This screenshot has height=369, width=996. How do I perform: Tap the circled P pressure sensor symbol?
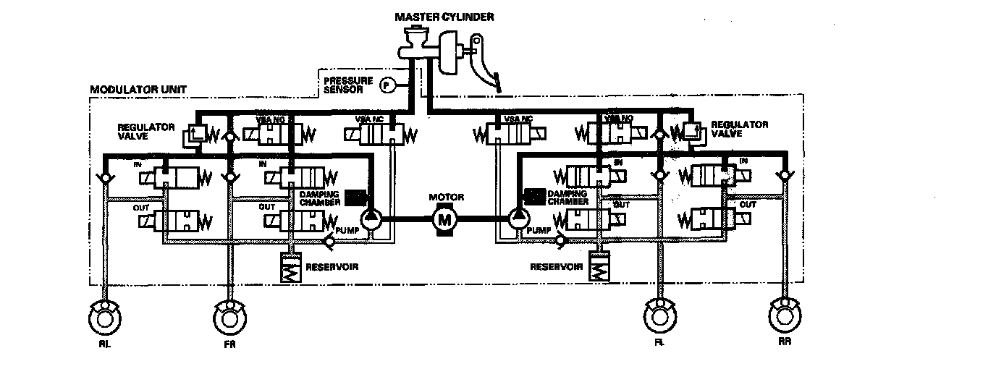click(387, 85)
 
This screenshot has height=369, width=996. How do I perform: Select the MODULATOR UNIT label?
click(138, 90)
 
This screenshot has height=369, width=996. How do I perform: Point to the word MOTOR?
click(446, 196)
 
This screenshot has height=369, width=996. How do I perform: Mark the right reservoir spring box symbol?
click(600, 268)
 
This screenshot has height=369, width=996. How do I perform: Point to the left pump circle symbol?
click(371, 217)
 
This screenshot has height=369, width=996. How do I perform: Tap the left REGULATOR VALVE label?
click(146, 130)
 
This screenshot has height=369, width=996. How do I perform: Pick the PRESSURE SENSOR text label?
click(347, 84)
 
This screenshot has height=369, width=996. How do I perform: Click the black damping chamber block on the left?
click(355, 196)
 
